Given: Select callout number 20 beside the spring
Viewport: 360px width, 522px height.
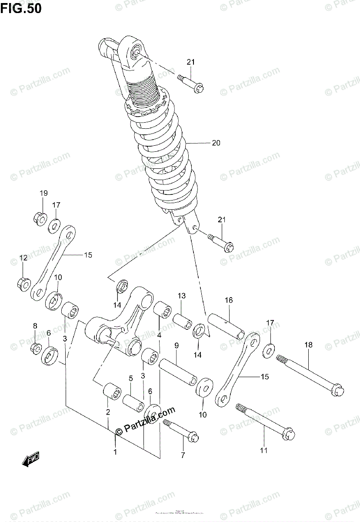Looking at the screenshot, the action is click(216, 143).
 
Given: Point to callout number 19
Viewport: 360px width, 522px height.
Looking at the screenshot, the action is click(44, 193).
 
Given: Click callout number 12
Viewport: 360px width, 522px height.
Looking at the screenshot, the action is click(23, 258).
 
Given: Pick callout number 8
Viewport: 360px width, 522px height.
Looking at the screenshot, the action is click(35, 325).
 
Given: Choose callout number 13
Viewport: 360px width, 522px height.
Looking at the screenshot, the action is click(181, 296).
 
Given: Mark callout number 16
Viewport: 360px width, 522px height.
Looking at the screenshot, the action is click(229, 300).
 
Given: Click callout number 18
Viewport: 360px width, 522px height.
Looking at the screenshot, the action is click(308, 345).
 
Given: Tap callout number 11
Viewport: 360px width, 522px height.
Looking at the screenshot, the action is click(264, 451).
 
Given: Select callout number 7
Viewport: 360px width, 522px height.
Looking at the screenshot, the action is click(183, 455).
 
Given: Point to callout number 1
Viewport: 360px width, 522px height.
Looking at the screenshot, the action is click(115, 452).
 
